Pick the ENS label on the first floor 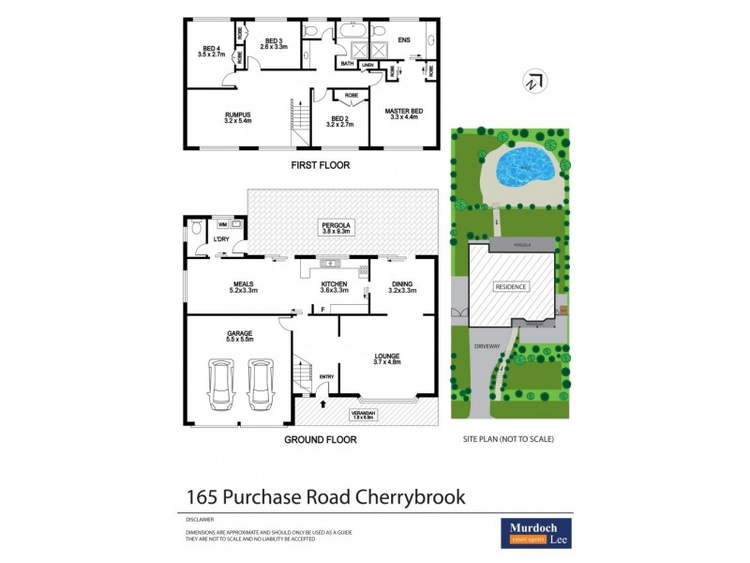point(404,40)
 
